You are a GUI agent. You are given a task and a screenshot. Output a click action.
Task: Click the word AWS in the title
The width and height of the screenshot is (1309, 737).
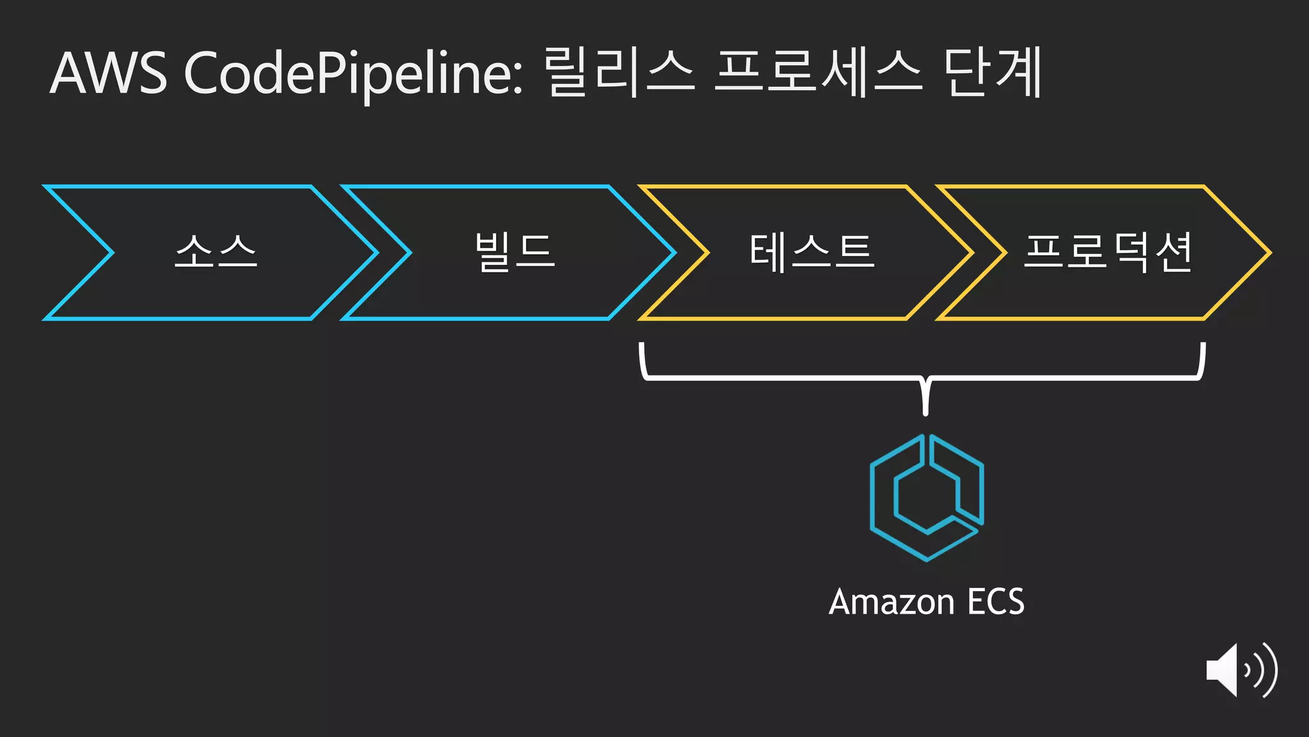pyautogui.click(x=109, y=74)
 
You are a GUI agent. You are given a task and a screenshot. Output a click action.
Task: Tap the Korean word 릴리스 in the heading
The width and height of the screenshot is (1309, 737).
pyautogui.click(x=619, y=72)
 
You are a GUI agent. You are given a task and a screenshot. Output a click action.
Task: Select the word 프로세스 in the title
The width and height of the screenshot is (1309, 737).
pyautogui.click(x=818, y=72)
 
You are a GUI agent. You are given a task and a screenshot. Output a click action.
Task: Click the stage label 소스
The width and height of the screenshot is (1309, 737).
pyautogui.click(x=216, y=251)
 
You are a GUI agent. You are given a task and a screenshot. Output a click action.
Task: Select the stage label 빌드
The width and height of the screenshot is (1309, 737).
pyautogui.click(x=515, y=251)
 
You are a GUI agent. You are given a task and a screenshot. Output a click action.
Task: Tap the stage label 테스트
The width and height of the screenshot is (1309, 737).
pyautogui.click(x=811, y=251)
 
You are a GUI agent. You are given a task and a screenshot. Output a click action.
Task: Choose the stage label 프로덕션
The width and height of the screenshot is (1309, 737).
pyautogui.click(x=1108, y=251)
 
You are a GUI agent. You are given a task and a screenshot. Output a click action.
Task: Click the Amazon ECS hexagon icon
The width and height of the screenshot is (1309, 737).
pyautogui.click(x=927, y=498)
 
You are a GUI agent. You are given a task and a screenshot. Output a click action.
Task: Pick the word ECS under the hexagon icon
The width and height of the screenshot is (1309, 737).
pyautogui.click(x=996, y=602)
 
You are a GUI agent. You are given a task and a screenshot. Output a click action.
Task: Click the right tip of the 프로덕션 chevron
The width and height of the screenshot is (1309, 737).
pyautogui.click(x=1269, y=253)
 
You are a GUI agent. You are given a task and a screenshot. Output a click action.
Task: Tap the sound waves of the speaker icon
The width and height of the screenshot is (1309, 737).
pyautogui.click(x=1262, y=670)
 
